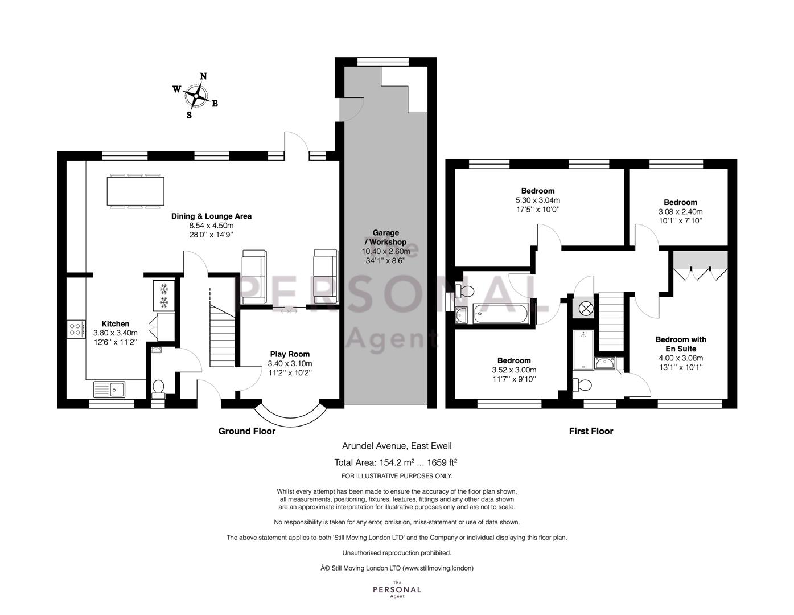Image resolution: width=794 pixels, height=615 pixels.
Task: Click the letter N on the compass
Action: [x=204, y=76]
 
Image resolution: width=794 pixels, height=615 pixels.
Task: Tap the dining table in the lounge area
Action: [x=135, y=191]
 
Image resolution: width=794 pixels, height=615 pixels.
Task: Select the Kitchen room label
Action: [x=116, y=324]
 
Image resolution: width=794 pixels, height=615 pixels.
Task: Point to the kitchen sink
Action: [x=109, y=389]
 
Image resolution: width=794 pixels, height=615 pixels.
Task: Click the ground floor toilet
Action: [x=158, y=389]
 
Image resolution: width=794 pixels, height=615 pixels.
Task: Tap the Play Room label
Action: [x=290, y=354]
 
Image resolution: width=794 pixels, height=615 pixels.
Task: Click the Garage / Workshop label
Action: [x=386, y=237]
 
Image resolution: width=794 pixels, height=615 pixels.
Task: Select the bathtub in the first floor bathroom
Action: [x=501, y=314]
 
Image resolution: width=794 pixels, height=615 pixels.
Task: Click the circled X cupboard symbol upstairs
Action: [x=586, y=309]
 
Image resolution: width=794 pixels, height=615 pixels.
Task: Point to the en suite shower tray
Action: [x=583, y=350]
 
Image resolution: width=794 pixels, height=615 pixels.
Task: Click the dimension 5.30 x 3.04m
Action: [x=538, y=200]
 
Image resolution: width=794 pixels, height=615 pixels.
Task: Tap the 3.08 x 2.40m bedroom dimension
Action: [x=680, y=212]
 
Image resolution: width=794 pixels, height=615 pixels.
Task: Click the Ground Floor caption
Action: [x=247, y=431]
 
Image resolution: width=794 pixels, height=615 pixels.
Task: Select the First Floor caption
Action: [x=591, y=431]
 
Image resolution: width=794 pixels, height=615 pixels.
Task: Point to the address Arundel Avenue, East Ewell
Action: [x=397, y=446]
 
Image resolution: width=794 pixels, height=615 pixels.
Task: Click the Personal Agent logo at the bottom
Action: [x=397, y=589]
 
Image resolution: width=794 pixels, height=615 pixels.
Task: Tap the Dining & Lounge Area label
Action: [x=212, y=216]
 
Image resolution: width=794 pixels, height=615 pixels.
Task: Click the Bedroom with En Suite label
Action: [x=681, y=344]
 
